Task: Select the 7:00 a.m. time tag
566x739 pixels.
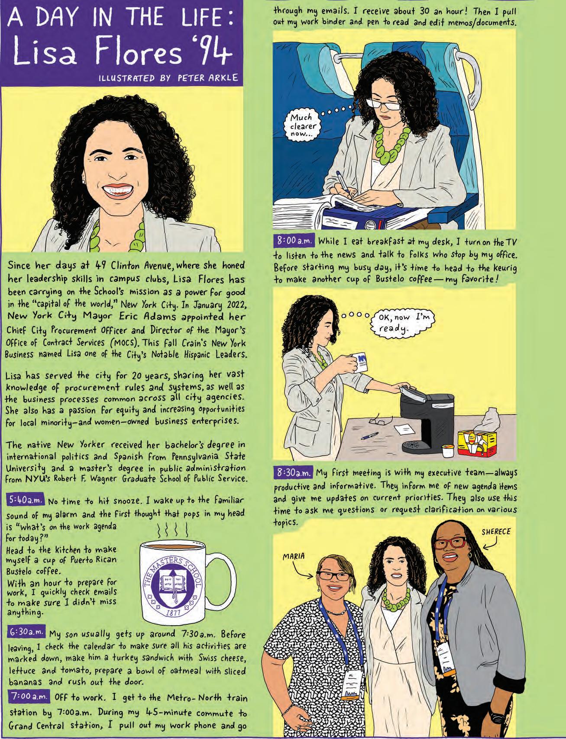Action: [x=30, y=697]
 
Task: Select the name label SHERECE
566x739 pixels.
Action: [x=496, y=532]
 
